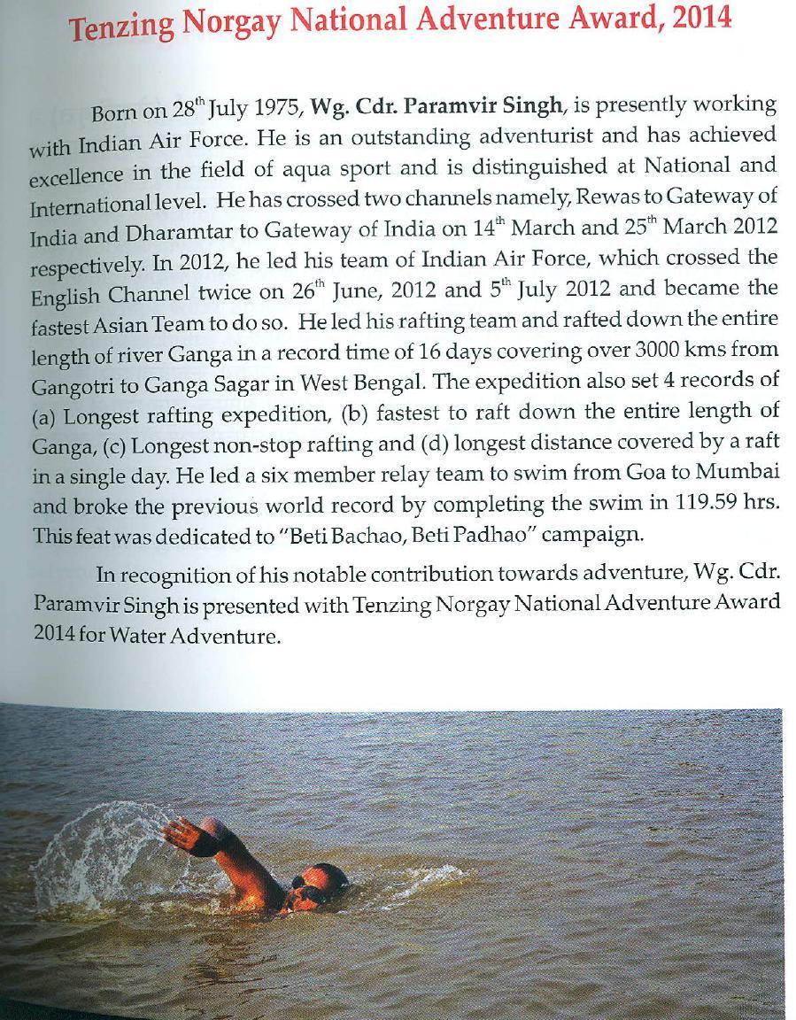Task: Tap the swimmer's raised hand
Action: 182,831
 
